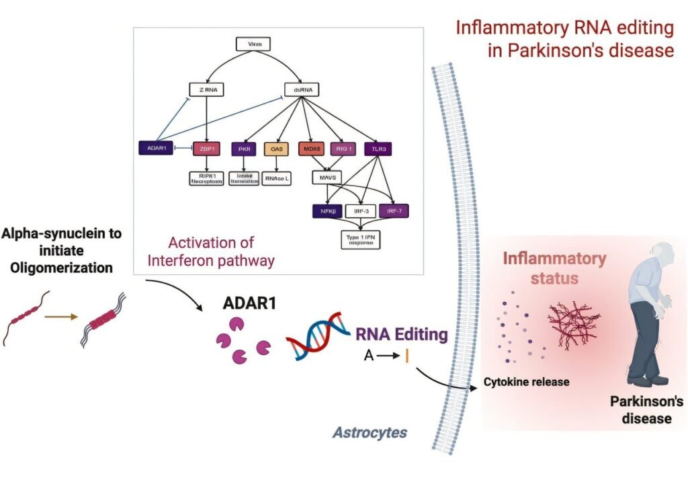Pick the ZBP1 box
[x=206, y=148]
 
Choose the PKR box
[x=243, y=148]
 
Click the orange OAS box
[x=275, y=148]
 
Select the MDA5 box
[x=311, y=148]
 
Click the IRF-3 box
[x=361, y=210]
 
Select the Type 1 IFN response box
[x=360, y=239]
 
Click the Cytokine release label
[x=526, y=382]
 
